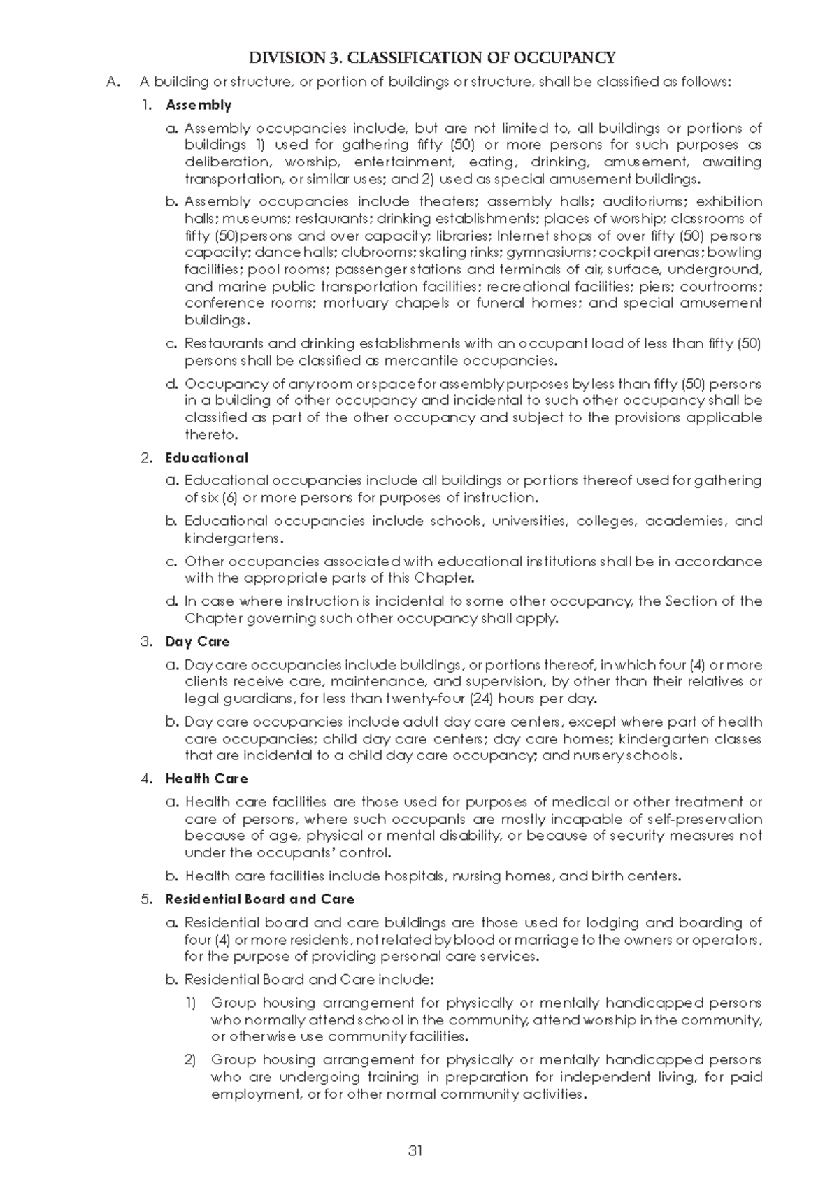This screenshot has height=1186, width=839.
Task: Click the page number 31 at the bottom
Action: (415, 1151)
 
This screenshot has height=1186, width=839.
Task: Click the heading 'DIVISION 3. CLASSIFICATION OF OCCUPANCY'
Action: (433, 58)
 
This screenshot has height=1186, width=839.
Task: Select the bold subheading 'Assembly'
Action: (199, 105)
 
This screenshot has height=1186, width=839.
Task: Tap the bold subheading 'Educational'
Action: (207, 458)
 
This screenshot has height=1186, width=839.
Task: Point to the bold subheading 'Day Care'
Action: (197, 642)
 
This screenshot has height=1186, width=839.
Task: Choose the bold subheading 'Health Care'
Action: (206, 778)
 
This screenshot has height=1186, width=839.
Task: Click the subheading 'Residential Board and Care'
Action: (259, 899)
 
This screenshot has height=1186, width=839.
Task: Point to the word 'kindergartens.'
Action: (234, 538)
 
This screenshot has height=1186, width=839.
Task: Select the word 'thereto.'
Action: (211, 435)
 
